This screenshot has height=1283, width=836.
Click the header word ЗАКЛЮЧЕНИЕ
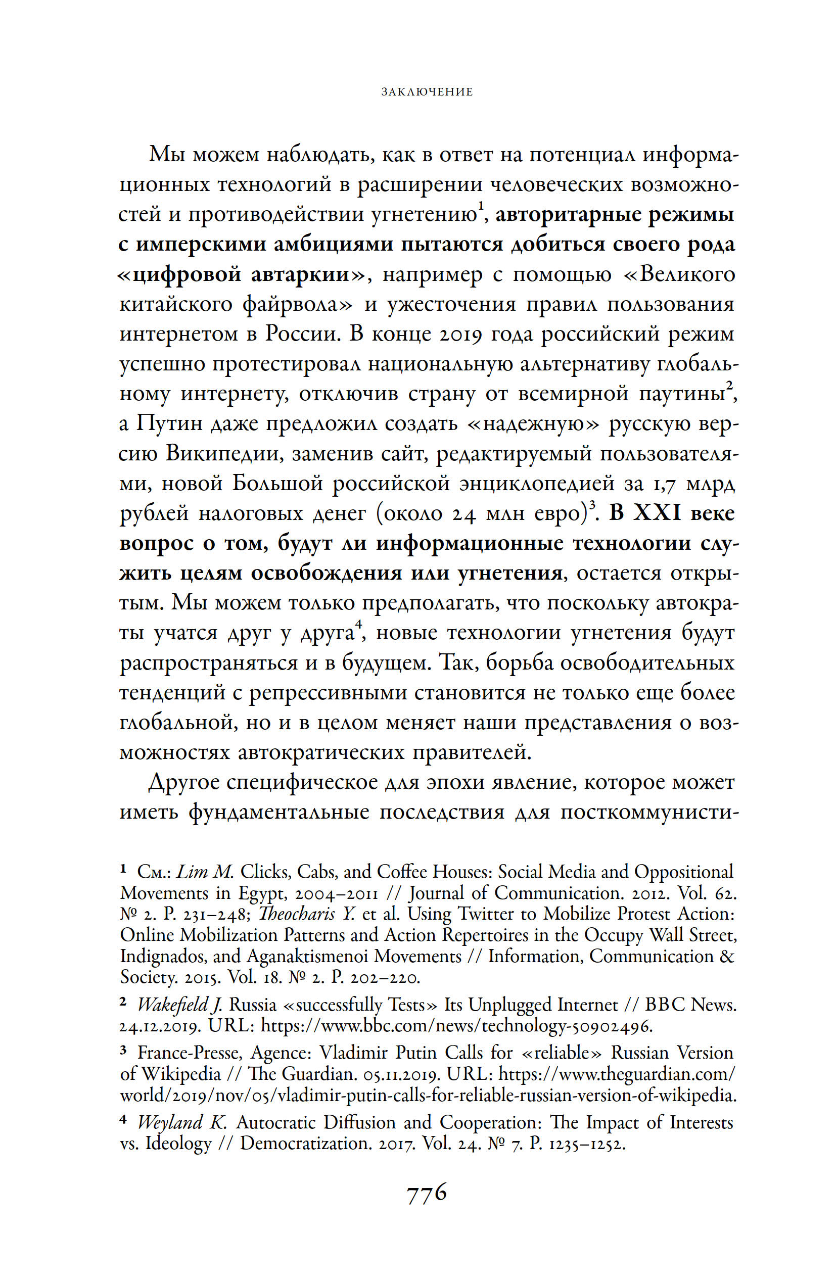pyautogui.click(x=427, y=92)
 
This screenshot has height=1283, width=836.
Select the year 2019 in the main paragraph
pyautogui.click(x=459, y=334)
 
